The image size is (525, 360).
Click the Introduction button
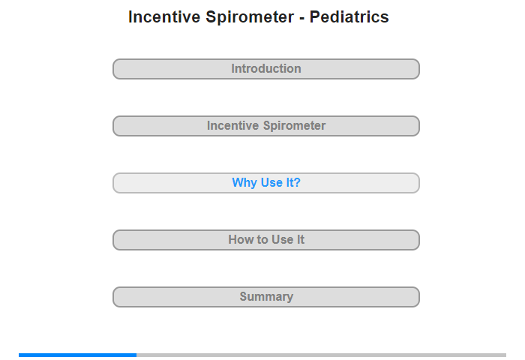265,69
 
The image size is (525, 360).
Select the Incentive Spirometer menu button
265,126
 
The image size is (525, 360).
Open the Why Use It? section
265,183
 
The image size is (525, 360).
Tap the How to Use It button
265,240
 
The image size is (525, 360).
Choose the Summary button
265,297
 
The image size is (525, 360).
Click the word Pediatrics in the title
349,16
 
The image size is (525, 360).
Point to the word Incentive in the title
164,16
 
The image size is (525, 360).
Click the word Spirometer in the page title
250,17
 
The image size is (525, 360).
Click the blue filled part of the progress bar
78,355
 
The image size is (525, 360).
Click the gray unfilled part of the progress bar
322,355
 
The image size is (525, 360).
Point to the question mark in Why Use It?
297,182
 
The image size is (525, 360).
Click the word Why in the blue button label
244,183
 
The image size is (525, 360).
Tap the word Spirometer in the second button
294,126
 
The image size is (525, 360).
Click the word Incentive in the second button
232,125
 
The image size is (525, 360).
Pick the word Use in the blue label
271,182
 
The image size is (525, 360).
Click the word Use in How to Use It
283,239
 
